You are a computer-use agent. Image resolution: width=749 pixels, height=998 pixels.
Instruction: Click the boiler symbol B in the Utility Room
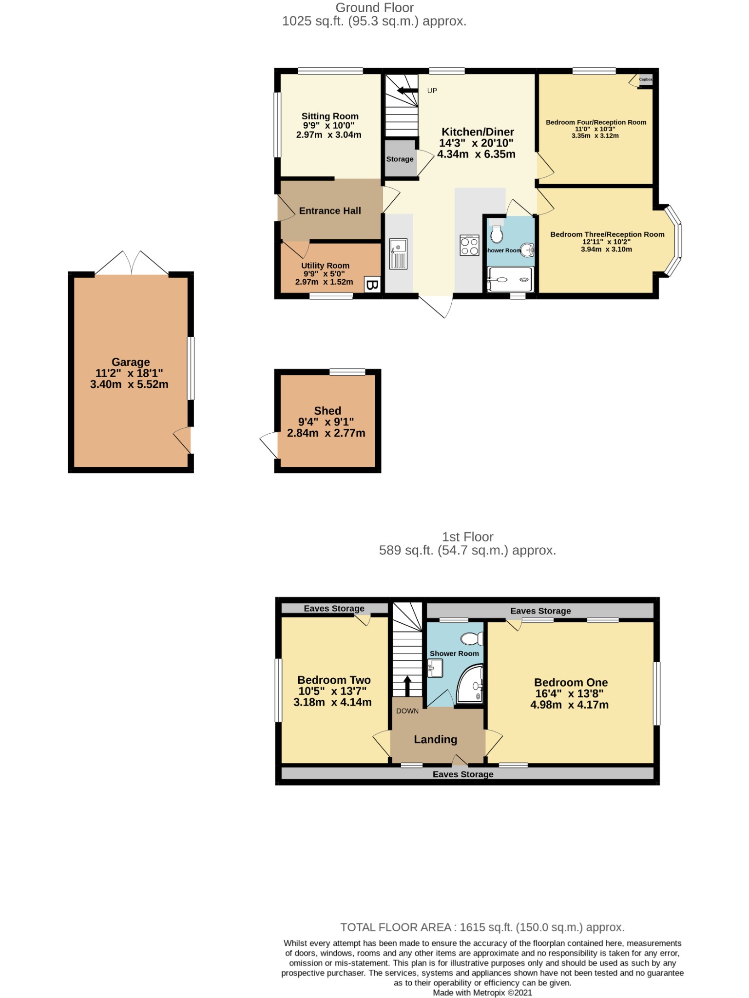(x=372, y=285)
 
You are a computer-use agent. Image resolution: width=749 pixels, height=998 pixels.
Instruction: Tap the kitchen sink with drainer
(x=398, y=254)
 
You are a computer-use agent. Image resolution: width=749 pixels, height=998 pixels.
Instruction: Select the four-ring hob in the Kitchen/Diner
(x=469, y=246)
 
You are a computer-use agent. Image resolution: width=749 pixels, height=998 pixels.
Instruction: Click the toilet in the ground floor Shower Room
(x=497, y=234)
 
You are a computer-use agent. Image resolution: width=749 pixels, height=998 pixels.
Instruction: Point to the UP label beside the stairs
(x=432, y=91)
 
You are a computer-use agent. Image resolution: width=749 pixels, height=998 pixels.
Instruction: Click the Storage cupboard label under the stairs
(x=400, y=159)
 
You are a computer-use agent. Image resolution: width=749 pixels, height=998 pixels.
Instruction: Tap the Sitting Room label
(x=330, y=116)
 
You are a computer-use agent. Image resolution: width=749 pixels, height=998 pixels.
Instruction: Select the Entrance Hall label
(x=330, y=211)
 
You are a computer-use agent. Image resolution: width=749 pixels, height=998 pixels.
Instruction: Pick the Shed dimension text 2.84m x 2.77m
(x=326, y=433)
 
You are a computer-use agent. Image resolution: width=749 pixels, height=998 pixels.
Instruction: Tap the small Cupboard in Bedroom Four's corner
(x=645, y=79)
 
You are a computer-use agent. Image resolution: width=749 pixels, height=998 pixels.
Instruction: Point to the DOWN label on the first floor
(x=407, y=711)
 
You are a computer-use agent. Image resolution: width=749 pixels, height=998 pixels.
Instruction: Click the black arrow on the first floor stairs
(x=407, y=685)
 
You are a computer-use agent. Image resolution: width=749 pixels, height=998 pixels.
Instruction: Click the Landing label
(x=435, y=739)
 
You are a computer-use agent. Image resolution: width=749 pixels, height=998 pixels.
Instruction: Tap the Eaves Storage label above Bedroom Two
(x=334, y=608)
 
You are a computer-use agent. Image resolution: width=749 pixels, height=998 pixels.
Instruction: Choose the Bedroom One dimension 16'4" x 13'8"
(x=569, y=693)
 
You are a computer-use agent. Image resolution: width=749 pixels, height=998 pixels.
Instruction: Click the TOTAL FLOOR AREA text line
(x=482, y=927)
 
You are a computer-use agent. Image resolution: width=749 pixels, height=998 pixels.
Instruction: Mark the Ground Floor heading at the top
(x=374, y=8)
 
